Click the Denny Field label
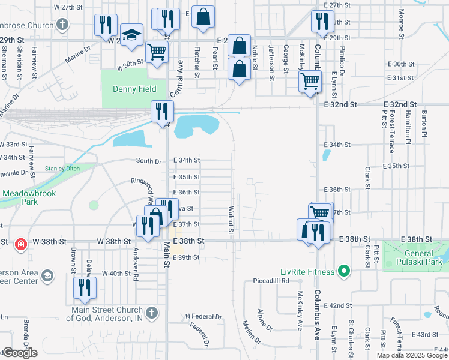(x=134, y=89)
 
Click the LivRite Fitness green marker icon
(x=343, y=272)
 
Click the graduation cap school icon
(x=131, y=36)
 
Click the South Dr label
(x=148, y=161)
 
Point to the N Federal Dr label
(x=203, y=316)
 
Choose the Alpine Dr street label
(x=265, y=320)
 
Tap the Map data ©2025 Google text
(x=412, y=355)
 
